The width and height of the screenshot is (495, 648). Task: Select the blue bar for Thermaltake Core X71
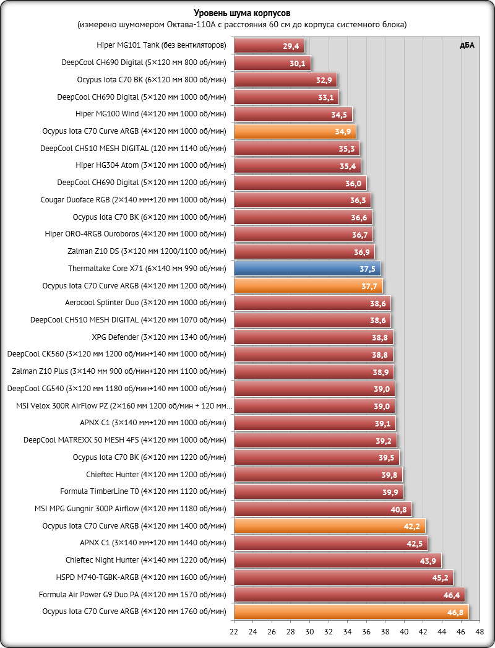point(307,269)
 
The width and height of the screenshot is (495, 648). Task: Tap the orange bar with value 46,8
point(351,612)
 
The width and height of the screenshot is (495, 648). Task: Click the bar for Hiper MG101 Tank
point(269,46)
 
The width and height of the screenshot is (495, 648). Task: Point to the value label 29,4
point(291,46)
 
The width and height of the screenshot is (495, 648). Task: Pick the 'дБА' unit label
point(467,45)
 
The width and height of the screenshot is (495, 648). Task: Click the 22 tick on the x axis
point(234,632)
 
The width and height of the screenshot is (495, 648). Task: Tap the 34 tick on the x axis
point(347,632)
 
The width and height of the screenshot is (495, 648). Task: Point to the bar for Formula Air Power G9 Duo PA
point(349,595)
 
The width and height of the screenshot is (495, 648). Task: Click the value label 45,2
point(440,578)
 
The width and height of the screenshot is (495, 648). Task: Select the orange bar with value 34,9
point(295,132)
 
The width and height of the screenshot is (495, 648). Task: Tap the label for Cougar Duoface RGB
point(133,200)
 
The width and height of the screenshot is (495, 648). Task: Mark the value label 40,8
point(398,509)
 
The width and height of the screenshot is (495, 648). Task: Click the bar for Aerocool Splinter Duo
point(312,303)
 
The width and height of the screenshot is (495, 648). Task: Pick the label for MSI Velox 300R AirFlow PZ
point(124,406)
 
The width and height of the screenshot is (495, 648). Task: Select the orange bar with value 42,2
point(329,526)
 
